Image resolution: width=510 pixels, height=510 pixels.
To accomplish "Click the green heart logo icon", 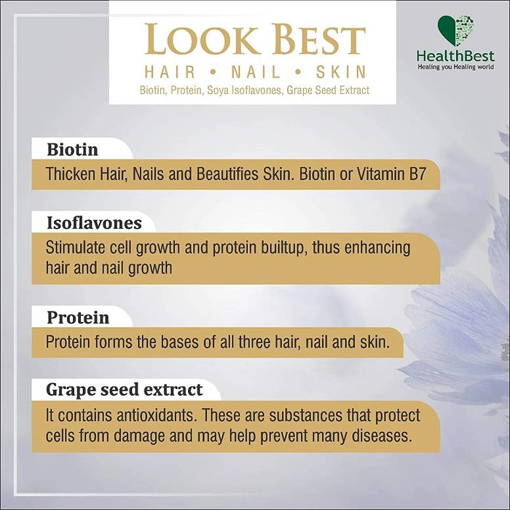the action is pos(455,32).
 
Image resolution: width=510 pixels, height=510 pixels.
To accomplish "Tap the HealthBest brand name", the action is pos(455,56).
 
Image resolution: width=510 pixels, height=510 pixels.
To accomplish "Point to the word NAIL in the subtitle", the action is pos(256,72).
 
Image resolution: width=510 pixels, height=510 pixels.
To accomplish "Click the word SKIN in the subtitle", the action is pos(341,72).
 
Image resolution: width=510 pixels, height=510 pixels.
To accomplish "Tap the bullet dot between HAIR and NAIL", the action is pos(213,72).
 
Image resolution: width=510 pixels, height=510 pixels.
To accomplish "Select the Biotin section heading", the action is pos(73,149).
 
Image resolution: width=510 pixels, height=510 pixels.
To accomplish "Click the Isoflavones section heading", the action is pos(94,223).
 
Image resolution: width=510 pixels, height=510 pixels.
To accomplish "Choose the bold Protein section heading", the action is pos(78,318).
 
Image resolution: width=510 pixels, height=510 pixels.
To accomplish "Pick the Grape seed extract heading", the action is pos(125,390).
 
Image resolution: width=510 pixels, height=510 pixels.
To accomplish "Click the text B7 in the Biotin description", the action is pos(417,174).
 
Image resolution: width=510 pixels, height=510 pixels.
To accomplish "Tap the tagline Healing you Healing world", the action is pos(455,67).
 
